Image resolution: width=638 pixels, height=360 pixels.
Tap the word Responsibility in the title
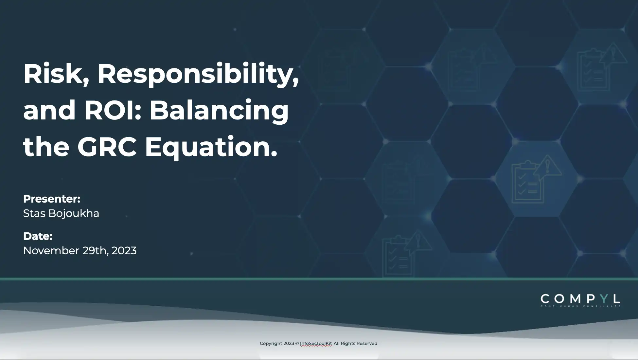(x=198, y=74)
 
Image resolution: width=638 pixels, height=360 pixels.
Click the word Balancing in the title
(x=219, y=111)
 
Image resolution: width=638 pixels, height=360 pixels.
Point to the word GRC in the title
(x=107, y=147)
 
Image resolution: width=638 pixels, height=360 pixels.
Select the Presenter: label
(x=52, y=199)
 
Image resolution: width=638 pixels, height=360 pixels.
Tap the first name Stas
(x=34, y=213)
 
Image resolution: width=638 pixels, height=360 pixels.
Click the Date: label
(x=38, y=236)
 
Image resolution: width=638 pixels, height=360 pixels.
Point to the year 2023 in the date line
(x=124, y=251)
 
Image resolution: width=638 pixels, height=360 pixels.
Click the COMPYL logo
(x=580, y=299)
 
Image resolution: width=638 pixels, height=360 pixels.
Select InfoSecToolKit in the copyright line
(x=316, y=343)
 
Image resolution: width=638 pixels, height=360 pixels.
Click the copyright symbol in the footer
(x=297, y=343)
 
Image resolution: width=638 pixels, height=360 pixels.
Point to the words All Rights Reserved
(x=355, y=343)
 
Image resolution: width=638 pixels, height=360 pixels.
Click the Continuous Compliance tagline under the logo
(x=580, y=306)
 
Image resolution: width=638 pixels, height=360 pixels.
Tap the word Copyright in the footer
(x=271, y=343)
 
